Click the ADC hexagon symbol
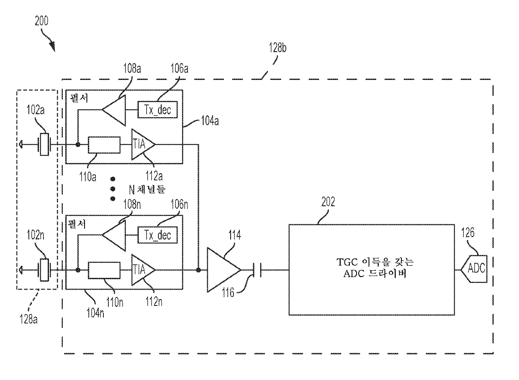click(x=474, y=269)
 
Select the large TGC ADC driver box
click(x=372, y=270)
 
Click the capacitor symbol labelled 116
click(x=257, y=270)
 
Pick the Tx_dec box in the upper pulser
click(x=157, y=110)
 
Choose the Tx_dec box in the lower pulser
click(x=157, y=235)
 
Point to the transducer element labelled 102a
click(x=44, y=144)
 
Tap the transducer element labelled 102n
click(x=44, y=270)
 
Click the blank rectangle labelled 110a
click(x=104, y=145)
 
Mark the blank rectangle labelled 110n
click(x=104, y=270)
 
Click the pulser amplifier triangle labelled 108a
click(x=114, y=110)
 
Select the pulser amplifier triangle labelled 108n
click(x=114, y=236)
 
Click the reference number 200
click(x=42, y=21)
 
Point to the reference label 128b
click(x=277, y=48)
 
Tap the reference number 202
click(x=328, y=202)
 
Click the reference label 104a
click(x=210, y=121)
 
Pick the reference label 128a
click(x=28, y=319)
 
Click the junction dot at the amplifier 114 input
click(x=198, y=270)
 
